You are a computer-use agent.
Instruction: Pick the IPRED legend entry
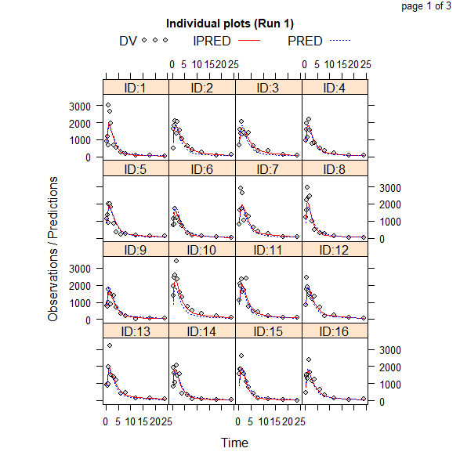tap(226, 40)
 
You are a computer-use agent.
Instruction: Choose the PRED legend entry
tap(319, 40)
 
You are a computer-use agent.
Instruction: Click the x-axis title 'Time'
tap(234, 443)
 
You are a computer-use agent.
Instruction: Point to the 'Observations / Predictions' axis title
tap(53, 249)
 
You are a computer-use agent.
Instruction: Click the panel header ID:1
tap(136, 88)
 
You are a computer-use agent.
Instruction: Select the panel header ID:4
tap(335, 88)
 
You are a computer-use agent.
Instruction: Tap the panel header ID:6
tap(202, 169)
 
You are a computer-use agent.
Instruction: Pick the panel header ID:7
tap(269, 169)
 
